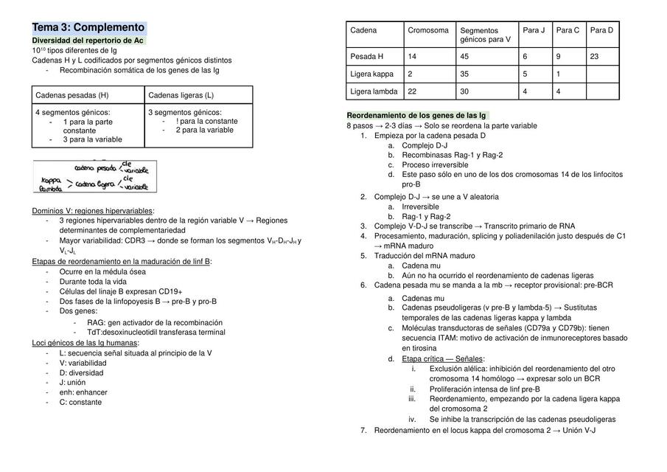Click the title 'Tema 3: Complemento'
[x=88, y=27]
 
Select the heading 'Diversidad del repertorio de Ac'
[x=88, y=40]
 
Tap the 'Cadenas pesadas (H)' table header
[x=72, y=95]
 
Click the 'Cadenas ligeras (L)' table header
[x=181, y=95]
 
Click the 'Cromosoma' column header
[x=428, y=30]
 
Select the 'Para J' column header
[x=534, y=30]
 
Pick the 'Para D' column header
[x=601, y=30]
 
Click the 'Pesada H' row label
[x=367, y=56]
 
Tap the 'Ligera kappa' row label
[x=372, y=74]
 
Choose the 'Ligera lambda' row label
[x=374, y=91]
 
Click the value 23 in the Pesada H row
[x=595, y=56]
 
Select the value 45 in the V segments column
[x=465, y=56]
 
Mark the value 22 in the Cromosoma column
[x=413, y=91]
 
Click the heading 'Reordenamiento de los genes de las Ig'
[x=416, y=116]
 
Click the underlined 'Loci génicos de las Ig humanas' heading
[x=85, y=343]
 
